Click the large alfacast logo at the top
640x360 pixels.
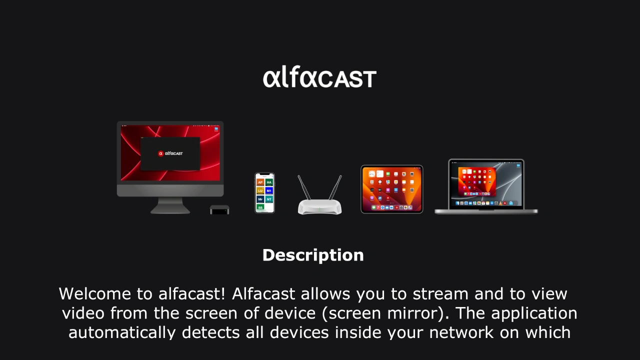click(319, 78)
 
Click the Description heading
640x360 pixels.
click(313, 255)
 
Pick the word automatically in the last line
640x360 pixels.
click(122, 332)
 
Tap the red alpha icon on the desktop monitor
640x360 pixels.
click(161, 153)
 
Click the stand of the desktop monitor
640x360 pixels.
click(170, 205)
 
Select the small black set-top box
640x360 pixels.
click(219, 209)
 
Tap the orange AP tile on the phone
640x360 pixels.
click(260, 182)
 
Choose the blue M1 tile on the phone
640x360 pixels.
click(269, 190)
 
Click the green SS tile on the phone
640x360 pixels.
click(260, 207)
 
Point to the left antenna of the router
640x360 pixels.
click(304, 188)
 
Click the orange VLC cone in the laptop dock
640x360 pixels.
click(500, 203)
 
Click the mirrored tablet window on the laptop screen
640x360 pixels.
click(477, 181)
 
